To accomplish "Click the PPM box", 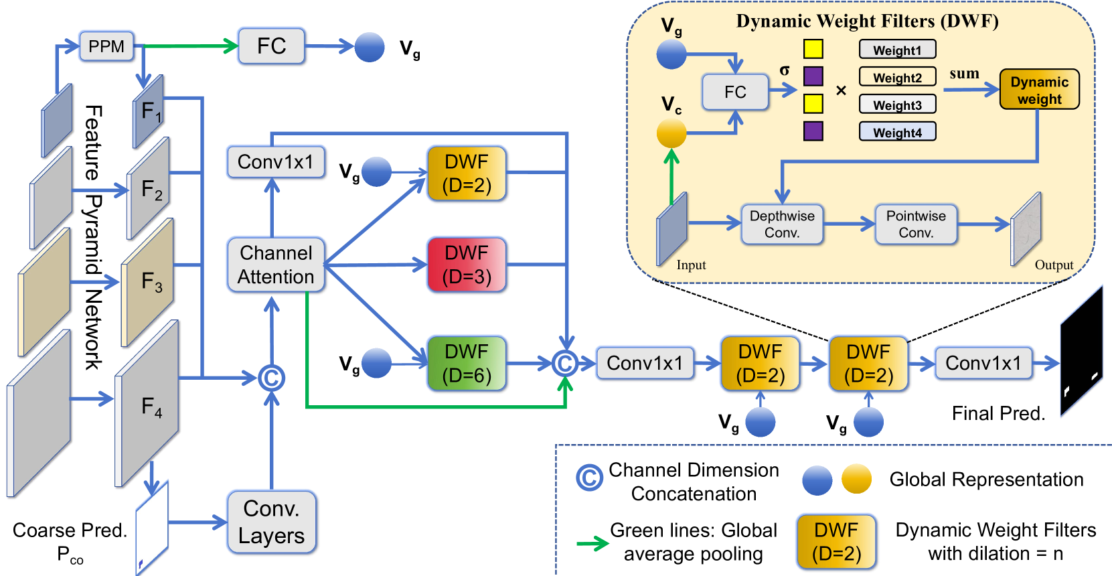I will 106,47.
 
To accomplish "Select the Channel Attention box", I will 276,265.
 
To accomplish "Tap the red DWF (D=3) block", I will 467,265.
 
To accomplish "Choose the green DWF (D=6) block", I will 467,364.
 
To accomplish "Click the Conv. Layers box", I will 271,522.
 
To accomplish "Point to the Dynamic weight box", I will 1039,90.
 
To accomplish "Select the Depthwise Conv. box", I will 782,224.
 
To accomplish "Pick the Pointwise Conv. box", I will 916,224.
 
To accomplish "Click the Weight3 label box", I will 897,105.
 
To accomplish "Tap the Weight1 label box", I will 897,50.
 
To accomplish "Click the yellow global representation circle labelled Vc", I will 671,133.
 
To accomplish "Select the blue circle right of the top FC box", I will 370,47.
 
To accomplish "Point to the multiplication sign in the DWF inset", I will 841,90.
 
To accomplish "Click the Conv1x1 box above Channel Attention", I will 275,162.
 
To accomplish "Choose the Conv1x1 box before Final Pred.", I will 983,364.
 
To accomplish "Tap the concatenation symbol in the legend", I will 589,478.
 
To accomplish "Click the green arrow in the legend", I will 592,543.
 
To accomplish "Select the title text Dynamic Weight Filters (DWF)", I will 867,21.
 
